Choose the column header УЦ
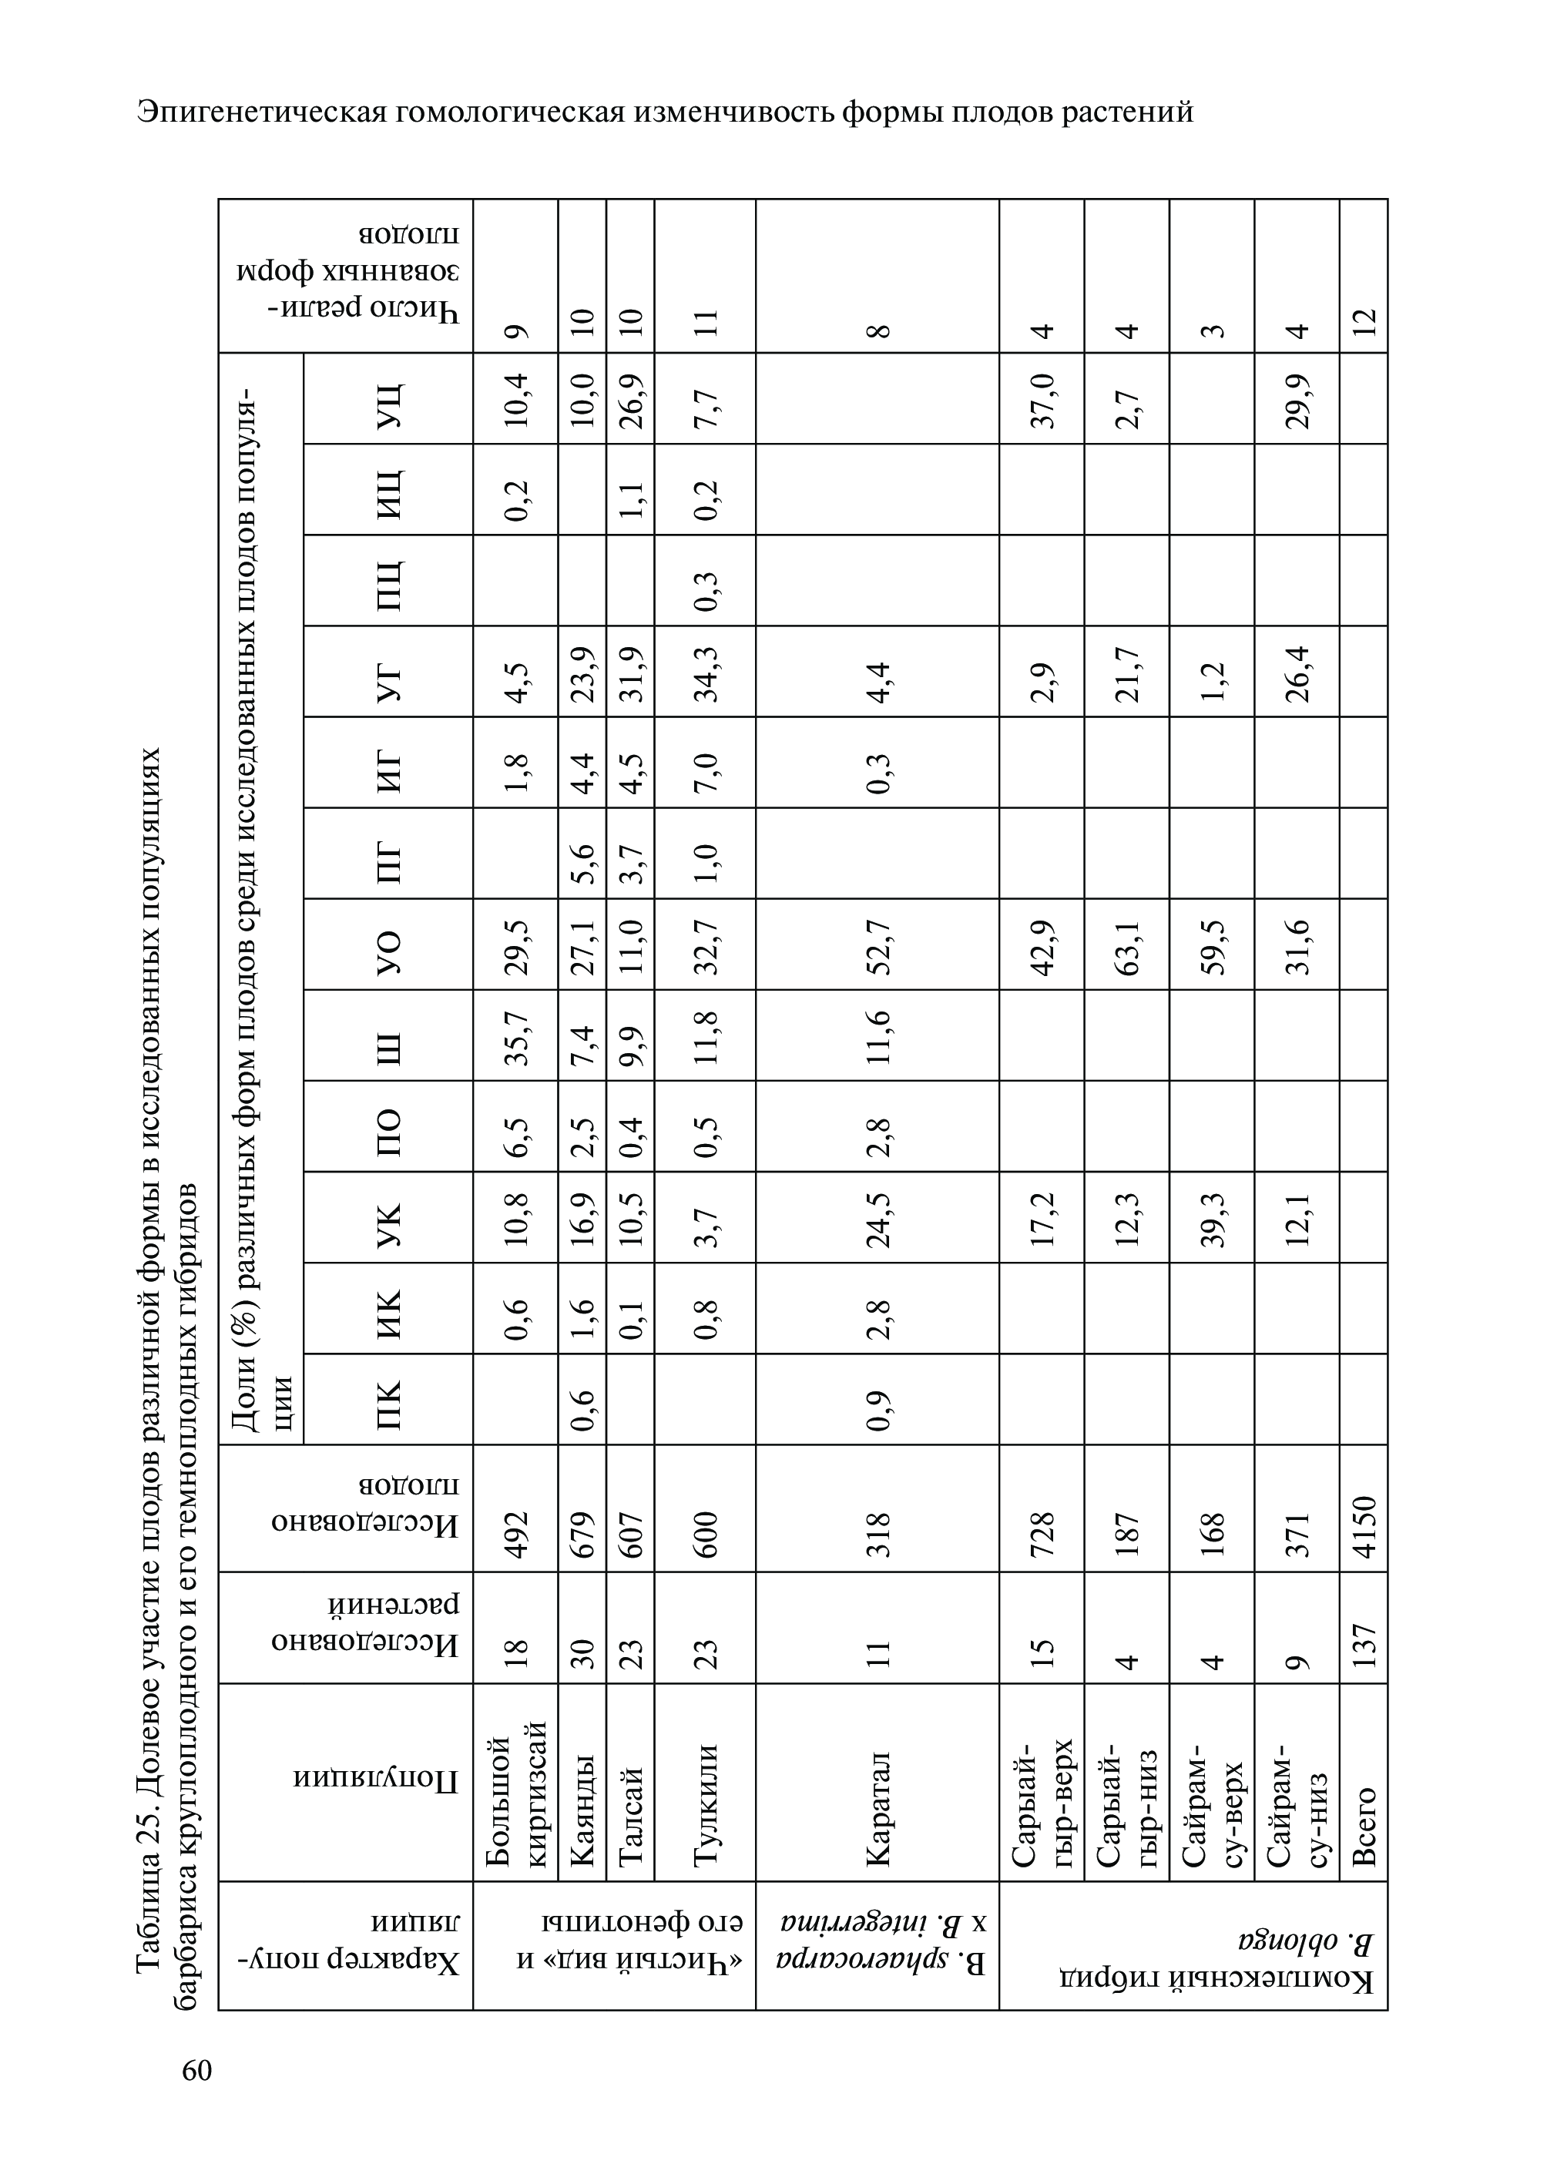pyautogui.click(x=388, y=398)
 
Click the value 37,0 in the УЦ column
pyautogui.click(x=1042, y=398)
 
